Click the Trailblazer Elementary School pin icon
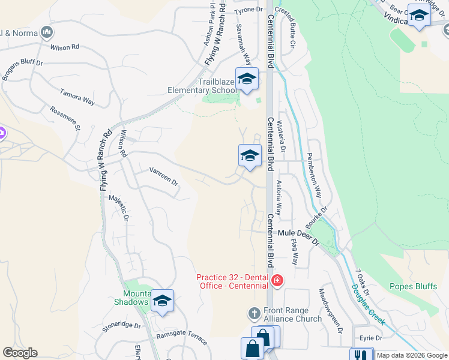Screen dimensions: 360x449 coord(247,79)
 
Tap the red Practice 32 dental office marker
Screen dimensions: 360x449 coord(277,280)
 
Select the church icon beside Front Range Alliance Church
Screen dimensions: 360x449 coord(254,314)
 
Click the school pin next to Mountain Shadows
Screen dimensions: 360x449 coord(161,301)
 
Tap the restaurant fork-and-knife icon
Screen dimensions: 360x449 coord(361,355)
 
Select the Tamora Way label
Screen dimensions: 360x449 coord(77,97)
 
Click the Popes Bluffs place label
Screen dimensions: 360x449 coord(413,286)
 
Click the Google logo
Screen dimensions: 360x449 coord(20,353)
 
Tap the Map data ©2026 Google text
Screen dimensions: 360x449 coord(412,355)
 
